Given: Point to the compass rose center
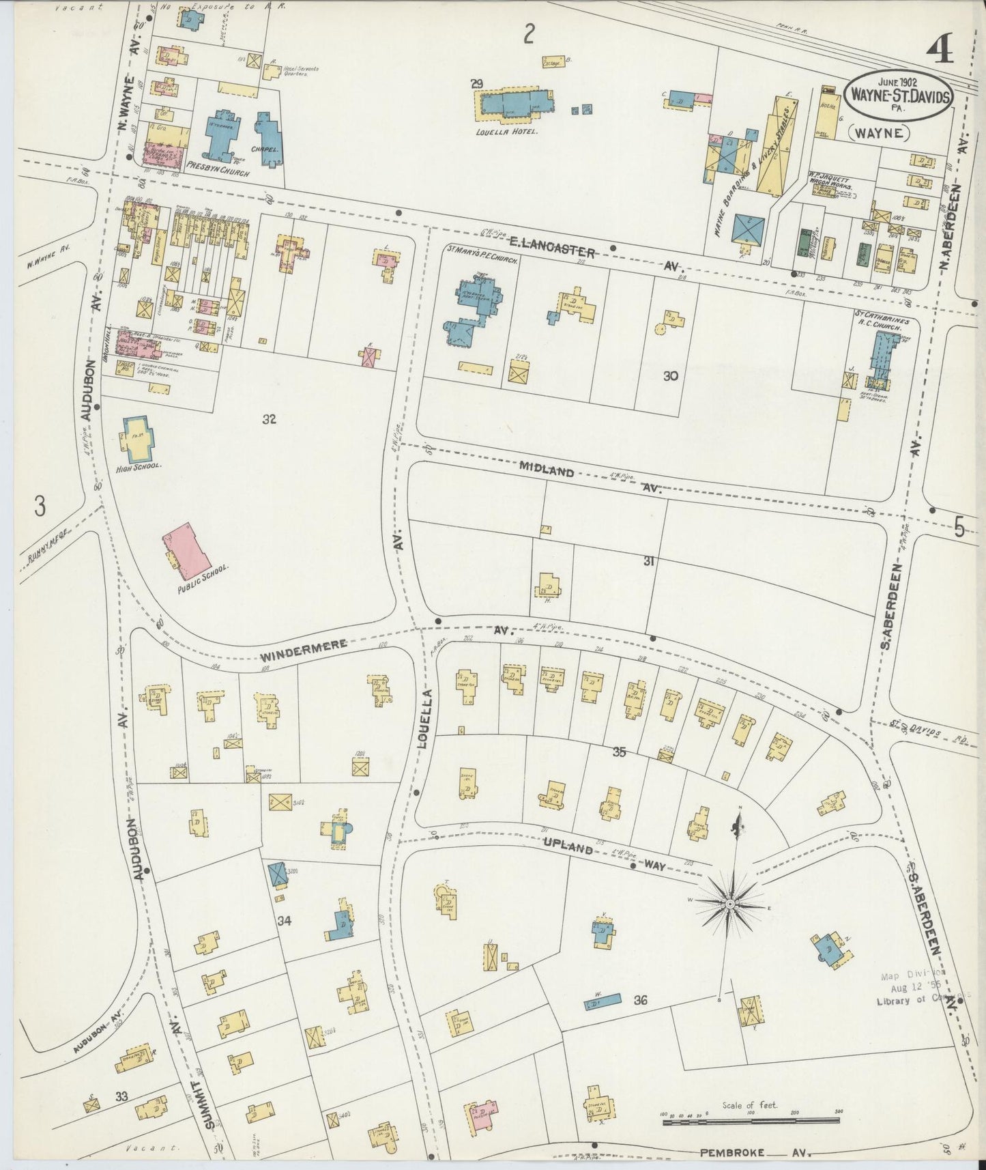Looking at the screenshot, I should (729, 904).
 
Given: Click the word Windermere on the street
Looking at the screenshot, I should (304, 651).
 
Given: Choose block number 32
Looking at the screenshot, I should (269, 419).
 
